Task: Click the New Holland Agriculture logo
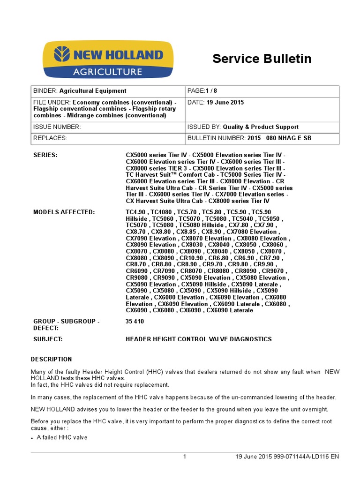(108, 60)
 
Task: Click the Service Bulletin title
(262, 59)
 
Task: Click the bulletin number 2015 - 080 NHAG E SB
(279, 138)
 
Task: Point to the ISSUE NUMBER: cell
(57, 127)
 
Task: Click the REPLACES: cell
(50, 138)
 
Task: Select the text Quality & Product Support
(261, 127)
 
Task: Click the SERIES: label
(45, 155)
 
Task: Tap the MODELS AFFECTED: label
(64, 212)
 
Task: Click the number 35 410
(135, 322)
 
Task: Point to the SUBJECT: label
(48, 339)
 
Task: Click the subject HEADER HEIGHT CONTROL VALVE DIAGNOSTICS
(198, 339)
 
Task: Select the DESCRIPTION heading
(52, 360)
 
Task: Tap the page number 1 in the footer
(185, 457)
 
